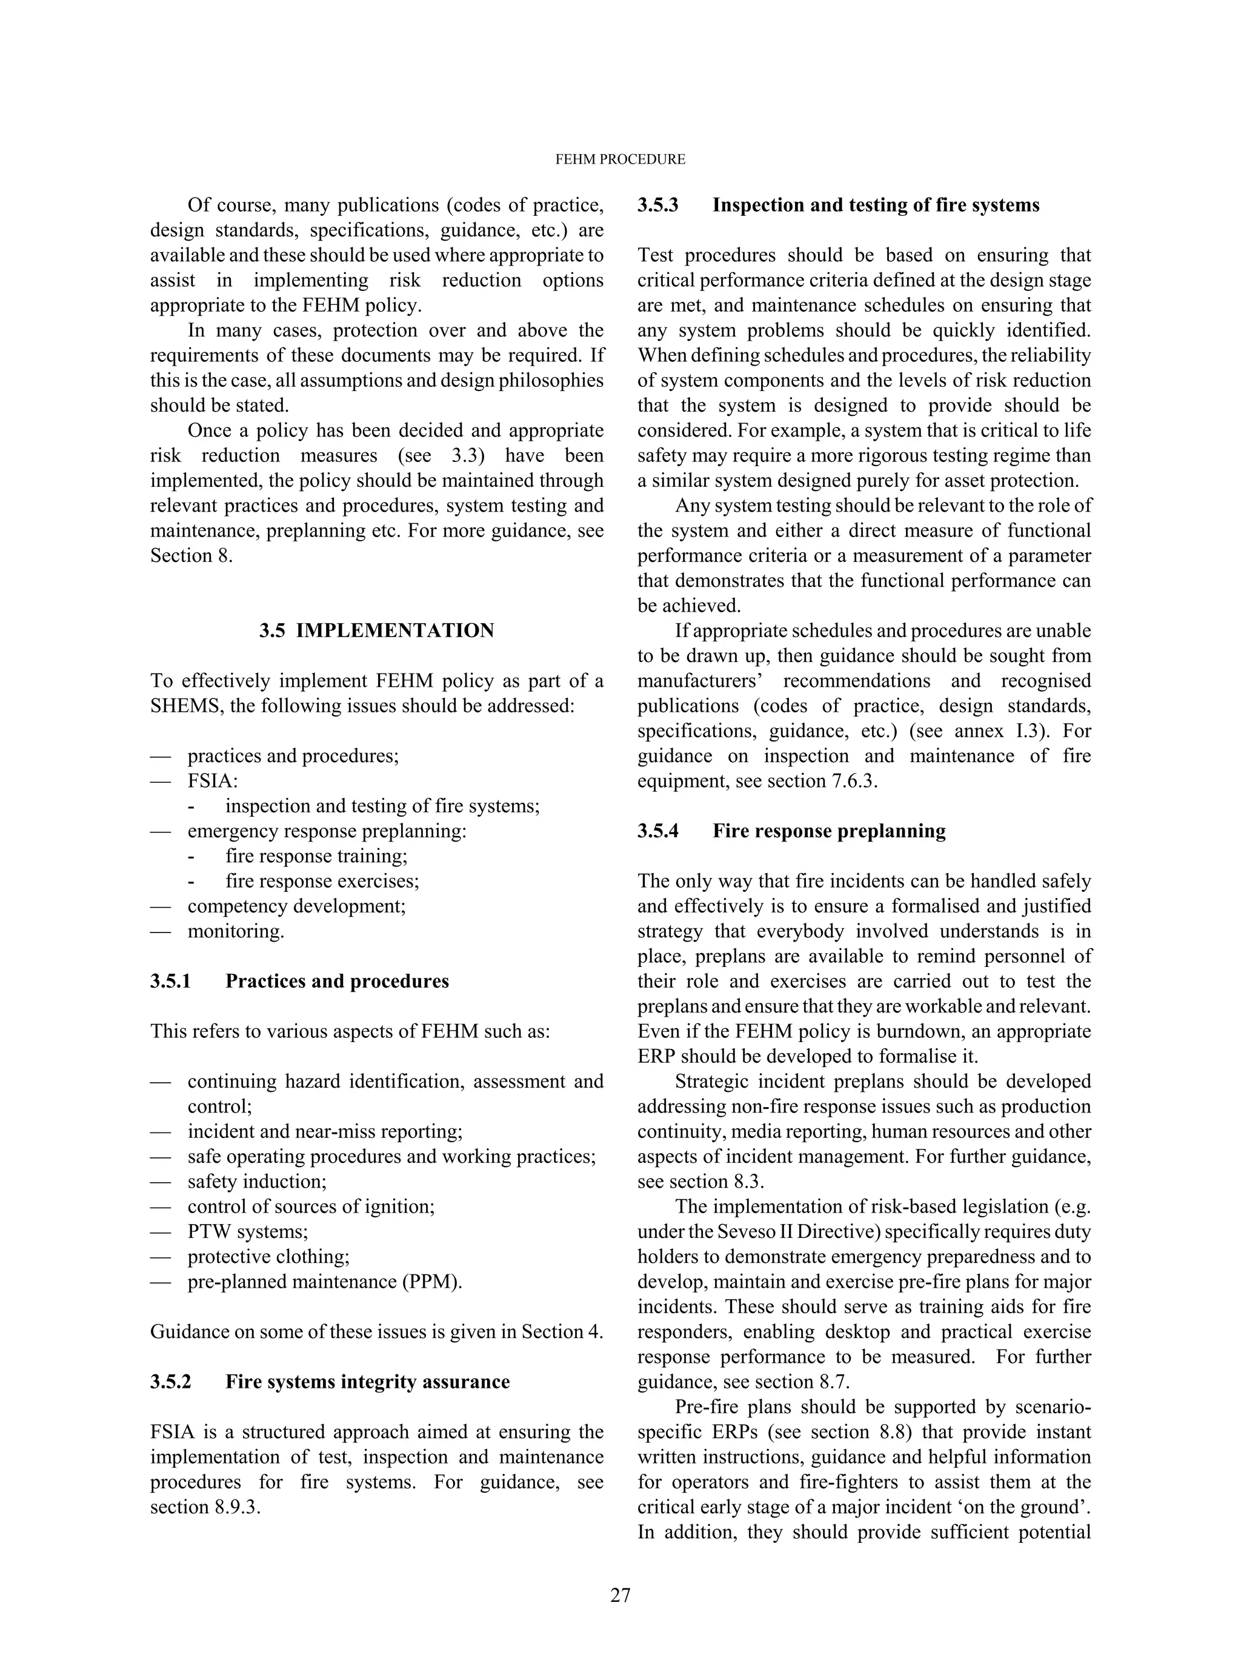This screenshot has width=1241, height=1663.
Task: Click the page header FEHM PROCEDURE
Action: tap(620, 159)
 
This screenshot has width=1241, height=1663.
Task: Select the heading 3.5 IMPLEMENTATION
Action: tap(376, 631)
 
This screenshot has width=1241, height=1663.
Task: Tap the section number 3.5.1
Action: tap(170, 982)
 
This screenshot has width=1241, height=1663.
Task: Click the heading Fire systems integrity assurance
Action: tap(367, 1382)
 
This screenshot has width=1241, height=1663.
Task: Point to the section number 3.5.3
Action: tap(658, 205)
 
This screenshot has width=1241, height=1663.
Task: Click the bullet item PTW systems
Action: tap(247, 1232)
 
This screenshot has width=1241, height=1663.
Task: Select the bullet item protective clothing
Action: tap(268, 1256)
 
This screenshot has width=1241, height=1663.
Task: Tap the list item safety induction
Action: tap(257, 1181)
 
